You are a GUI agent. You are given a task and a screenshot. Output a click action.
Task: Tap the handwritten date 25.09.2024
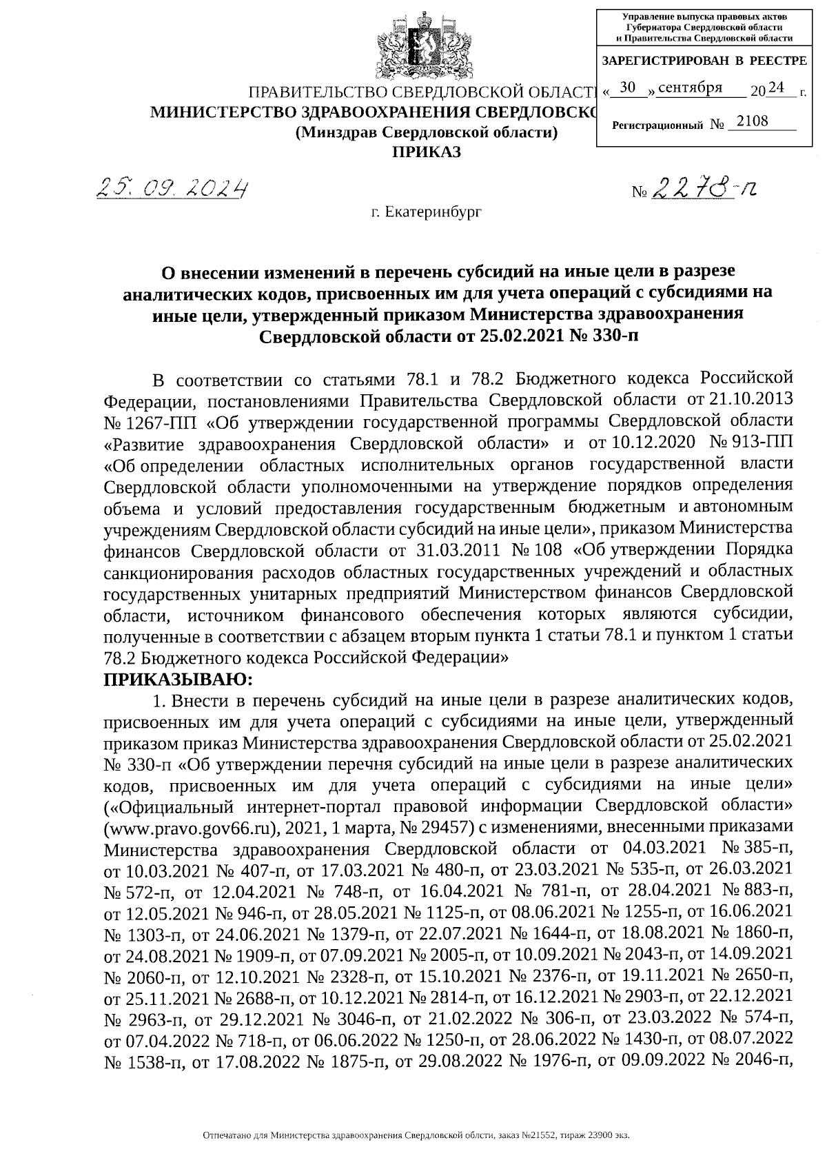point(173,186)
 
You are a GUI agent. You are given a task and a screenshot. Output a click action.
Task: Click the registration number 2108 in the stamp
point(752,121)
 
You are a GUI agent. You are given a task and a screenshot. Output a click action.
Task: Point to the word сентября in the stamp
point(690,88)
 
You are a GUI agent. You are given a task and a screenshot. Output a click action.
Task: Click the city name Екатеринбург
point(426,212)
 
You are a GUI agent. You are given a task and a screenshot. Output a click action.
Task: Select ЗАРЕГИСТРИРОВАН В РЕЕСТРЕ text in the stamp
point(704,61)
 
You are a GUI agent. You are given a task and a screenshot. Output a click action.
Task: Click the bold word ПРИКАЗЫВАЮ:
point(178,679)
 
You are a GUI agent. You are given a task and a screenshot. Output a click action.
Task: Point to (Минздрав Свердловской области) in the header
point(425,132)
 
